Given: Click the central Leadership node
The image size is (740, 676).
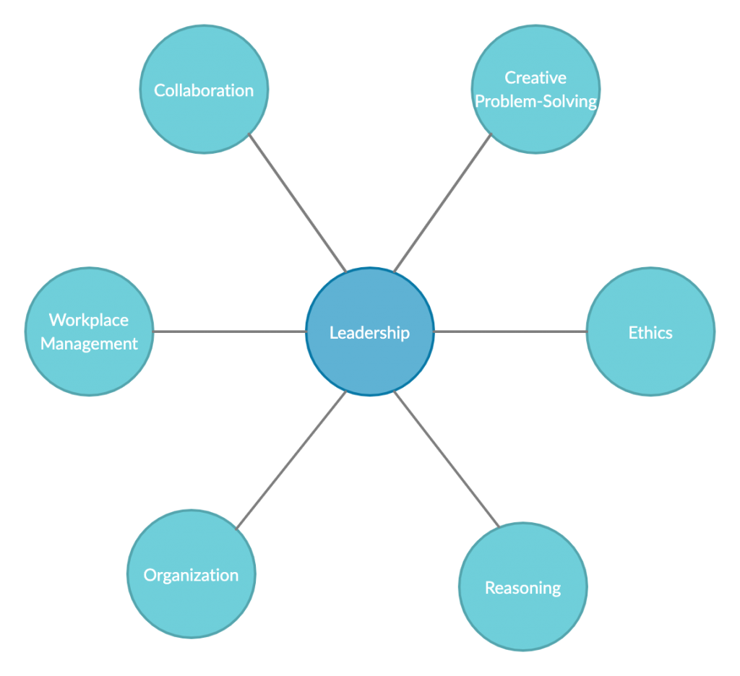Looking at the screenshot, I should point(369,361).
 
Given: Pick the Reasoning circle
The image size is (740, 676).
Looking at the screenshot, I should point(523,617).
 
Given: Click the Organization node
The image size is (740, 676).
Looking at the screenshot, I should point(191,607).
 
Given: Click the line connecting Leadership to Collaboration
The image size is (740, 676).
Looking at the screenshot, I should point(298,203).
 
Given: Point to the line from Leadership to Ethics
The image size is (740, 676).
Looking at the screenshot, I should point(510,331).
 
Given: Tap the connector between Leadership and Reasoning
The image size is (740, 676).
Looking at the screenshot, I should point(446,459).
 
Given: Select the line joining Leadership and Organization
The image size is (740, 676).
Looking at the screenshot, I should point(292,460).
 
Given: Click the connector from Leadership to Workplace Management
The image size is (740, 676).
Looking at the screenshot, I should point(230,331).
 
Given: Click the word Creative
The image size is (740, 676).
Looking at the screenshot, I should point(535,78).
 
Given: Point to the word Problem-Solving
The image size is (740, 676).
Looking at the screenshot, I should point(535,101).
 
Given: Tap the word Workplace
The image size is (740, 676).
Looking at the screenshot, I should point(89,320).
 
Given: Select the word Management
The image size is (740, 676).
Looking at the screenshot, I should point(89,344).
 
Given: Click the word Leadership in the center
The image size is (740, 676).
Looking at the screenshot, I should point(369,333).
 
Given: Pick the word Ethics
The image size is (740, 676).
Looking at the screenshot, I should point(650,333).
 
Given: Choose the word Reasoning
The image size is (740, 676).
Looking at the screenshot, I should point(523,588).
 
